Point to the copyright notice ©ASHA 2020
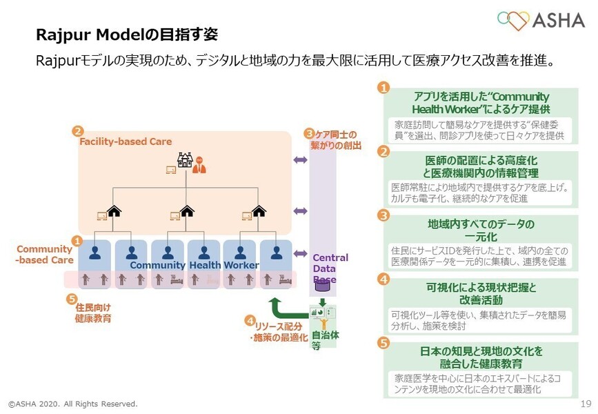click(72, 403)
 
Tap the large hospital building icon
click(184, 160)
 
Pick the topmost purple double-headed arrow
click(301, 160)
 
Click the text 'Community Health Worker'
click(194, 265)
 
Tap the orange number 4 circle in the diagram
click(249, 320)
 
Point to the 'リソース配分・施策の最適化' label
click(279, 331)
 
